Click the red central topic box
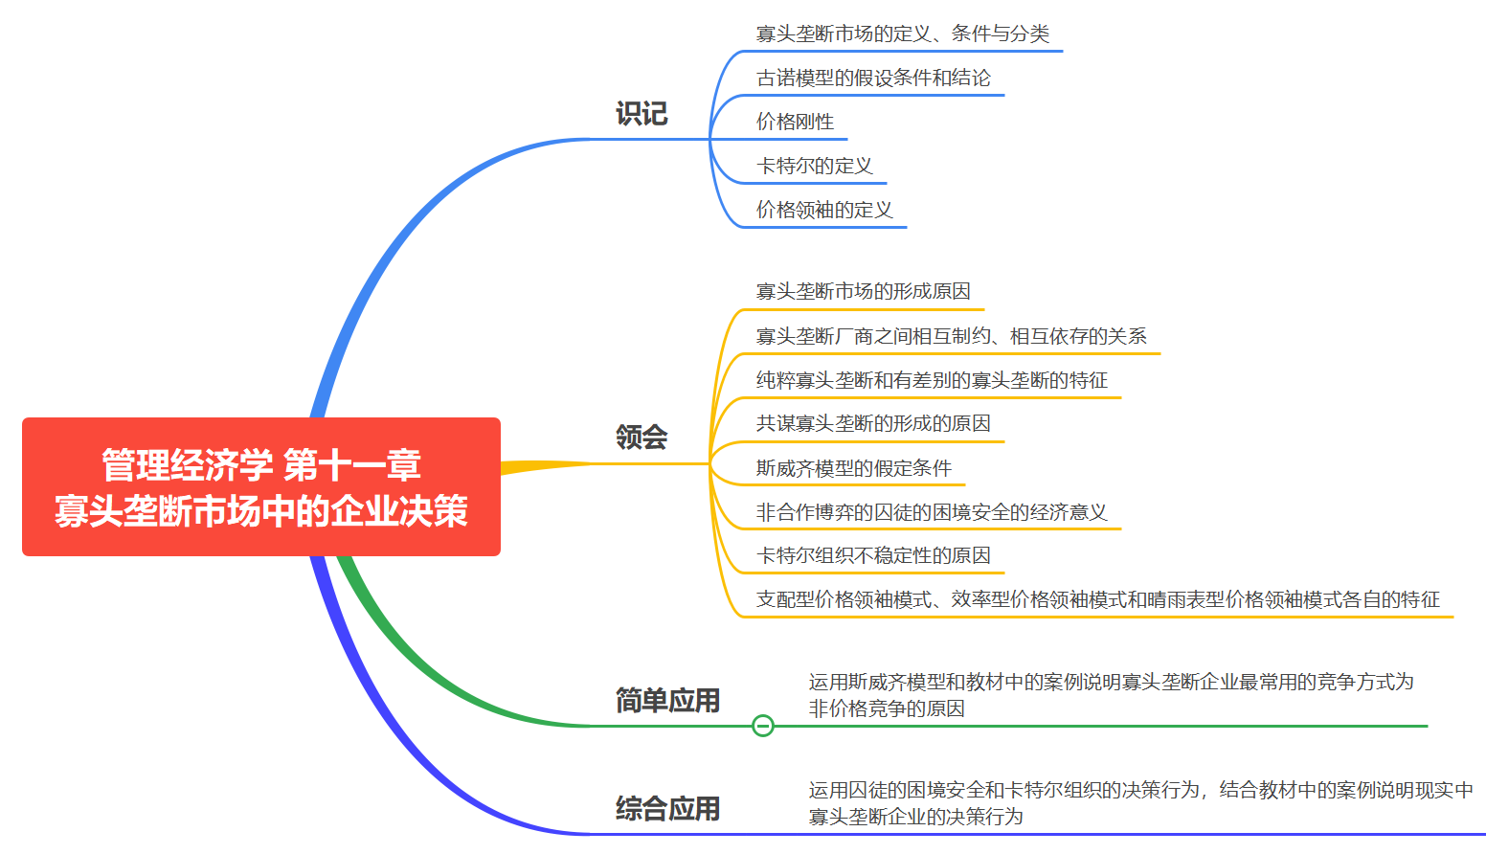click(260, 486)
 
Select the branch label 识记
click(642, 114)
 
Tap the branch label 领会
click(642, 438)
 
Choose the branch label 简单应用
click(667, 701)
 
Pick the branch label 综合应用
click(667, 809)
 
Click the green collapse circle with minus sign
click(763, 726)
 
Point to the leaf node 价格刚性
click(795, 122)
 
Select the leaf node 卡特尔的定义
click(815, 166)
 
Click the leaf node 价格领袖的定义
click(824, 210)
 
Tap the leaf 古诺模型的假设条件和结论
click(873, 78)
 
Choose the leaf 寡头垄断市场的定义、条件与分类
click(903, 34)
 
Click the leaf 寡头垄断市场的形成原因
click(864, 291)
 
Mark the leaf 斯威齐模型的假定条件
click(854, 468)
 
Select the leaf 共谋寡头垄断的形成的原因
click(873, 423)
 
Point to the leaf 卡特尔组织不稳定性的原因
click(873, 555)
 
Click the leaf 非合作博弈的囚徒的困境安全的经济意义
click(932, 512)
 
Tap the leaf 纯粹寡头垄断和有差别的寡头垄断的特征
click(932, 380)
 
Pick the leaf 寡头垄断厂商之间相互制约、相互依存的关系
click(952, 336)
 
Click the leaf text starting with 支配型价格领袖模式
click(1098, 599)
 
